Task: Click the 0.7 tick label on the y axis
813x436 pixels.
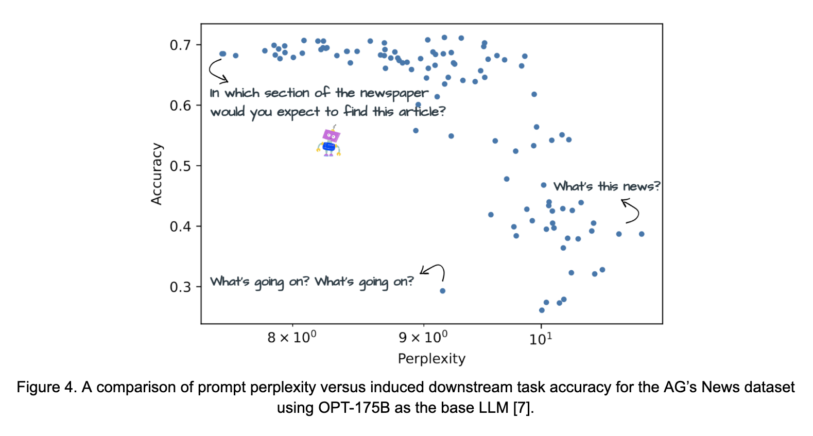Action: pyautogui.click(x=180, y=45)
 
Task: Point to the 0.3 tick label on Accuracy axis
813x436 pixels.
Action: pyautogui.click(x=180, y=287)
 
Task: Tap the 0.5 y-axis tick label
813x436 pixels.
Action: pyautogui.click(x=180, y=166)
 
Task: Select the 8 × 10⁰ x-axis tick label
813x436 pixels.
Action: pyautogui.click(x=291, y=338)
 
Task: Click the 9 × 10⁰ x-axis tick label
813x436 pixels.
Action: pyautogui.click(x=423, y=338)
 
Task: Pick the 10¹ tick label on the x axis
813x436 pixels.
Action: pyautogui.click(x=541, y=339)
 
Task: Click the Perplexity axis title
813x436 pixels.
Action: pyautogui.click(x=431, y=359)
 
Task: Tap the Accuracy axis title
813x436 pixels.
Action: pyautogui.click(x=157, y=174)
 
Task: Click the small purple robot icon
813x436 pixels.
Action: pyautogui.click(x=329, y=142)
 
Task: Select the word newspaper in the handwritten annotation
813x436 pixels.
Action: pyautogui.click(x=394, y=94)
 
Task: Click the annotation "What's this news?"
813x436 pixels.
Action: pyautogui.click(x=606, y=186)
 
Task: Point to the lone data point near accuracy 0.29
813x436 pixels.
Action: pyautogui.click(x=442, y=291)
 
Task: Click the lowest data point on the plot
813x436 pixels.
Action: pyautogui.click(x=542, y=310)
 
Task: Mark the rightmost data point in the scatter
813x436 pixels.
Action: pyautogui.click(x=642, y=234)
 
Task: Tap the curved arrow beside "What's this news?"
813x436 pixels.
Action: pyautogui.click(x=631, y=211)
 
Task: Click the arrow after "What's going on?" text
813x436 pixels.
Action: pyautogui.click(x=434, y=271)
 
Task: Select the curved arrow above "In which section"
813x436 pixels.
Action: pyautogui.click(x=217, y=71)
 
